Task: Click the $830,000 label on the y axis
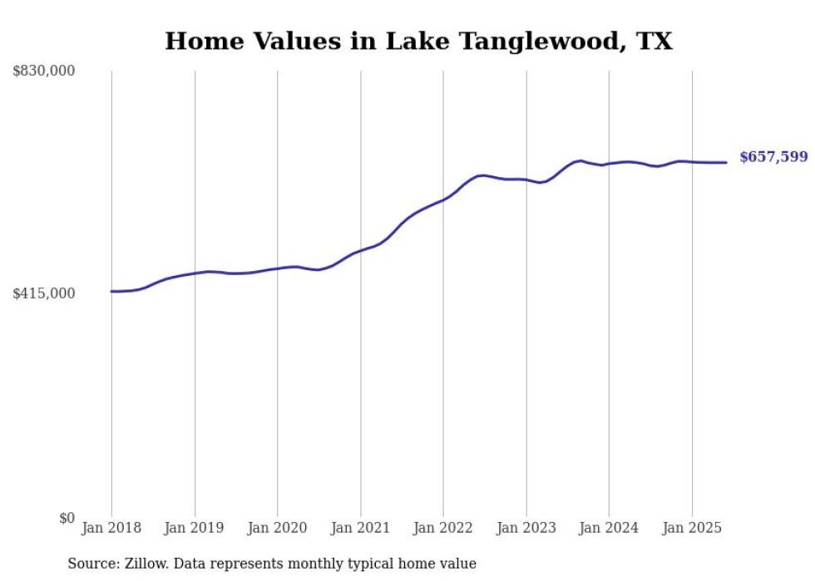pos(44,71)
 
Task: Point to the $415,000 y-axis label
pos(44,293)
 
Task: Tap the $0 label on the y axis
pos(67,518)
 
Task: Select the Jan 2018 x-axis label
pos(111,528)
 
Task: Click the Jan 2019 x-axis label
pos(195,528)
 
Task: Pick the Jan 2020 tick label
pos(278,528)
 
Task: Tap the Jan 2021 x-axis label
pos(360,528)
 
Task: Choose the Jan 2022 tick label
pos(443,528)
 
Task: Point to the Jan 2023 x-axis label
pos(526,528)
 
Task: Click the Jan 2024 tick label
pos(609,528)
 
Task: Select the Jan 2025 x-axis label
pos(692,528)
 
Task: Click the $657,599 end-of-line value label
pos(773,157)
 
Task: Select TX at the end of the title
pos(654,42)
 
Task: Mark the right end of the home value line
pos(727,162)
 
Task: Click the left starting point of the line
pos(111,291)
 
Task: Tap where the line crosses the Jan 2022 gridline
pos(443,199)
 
